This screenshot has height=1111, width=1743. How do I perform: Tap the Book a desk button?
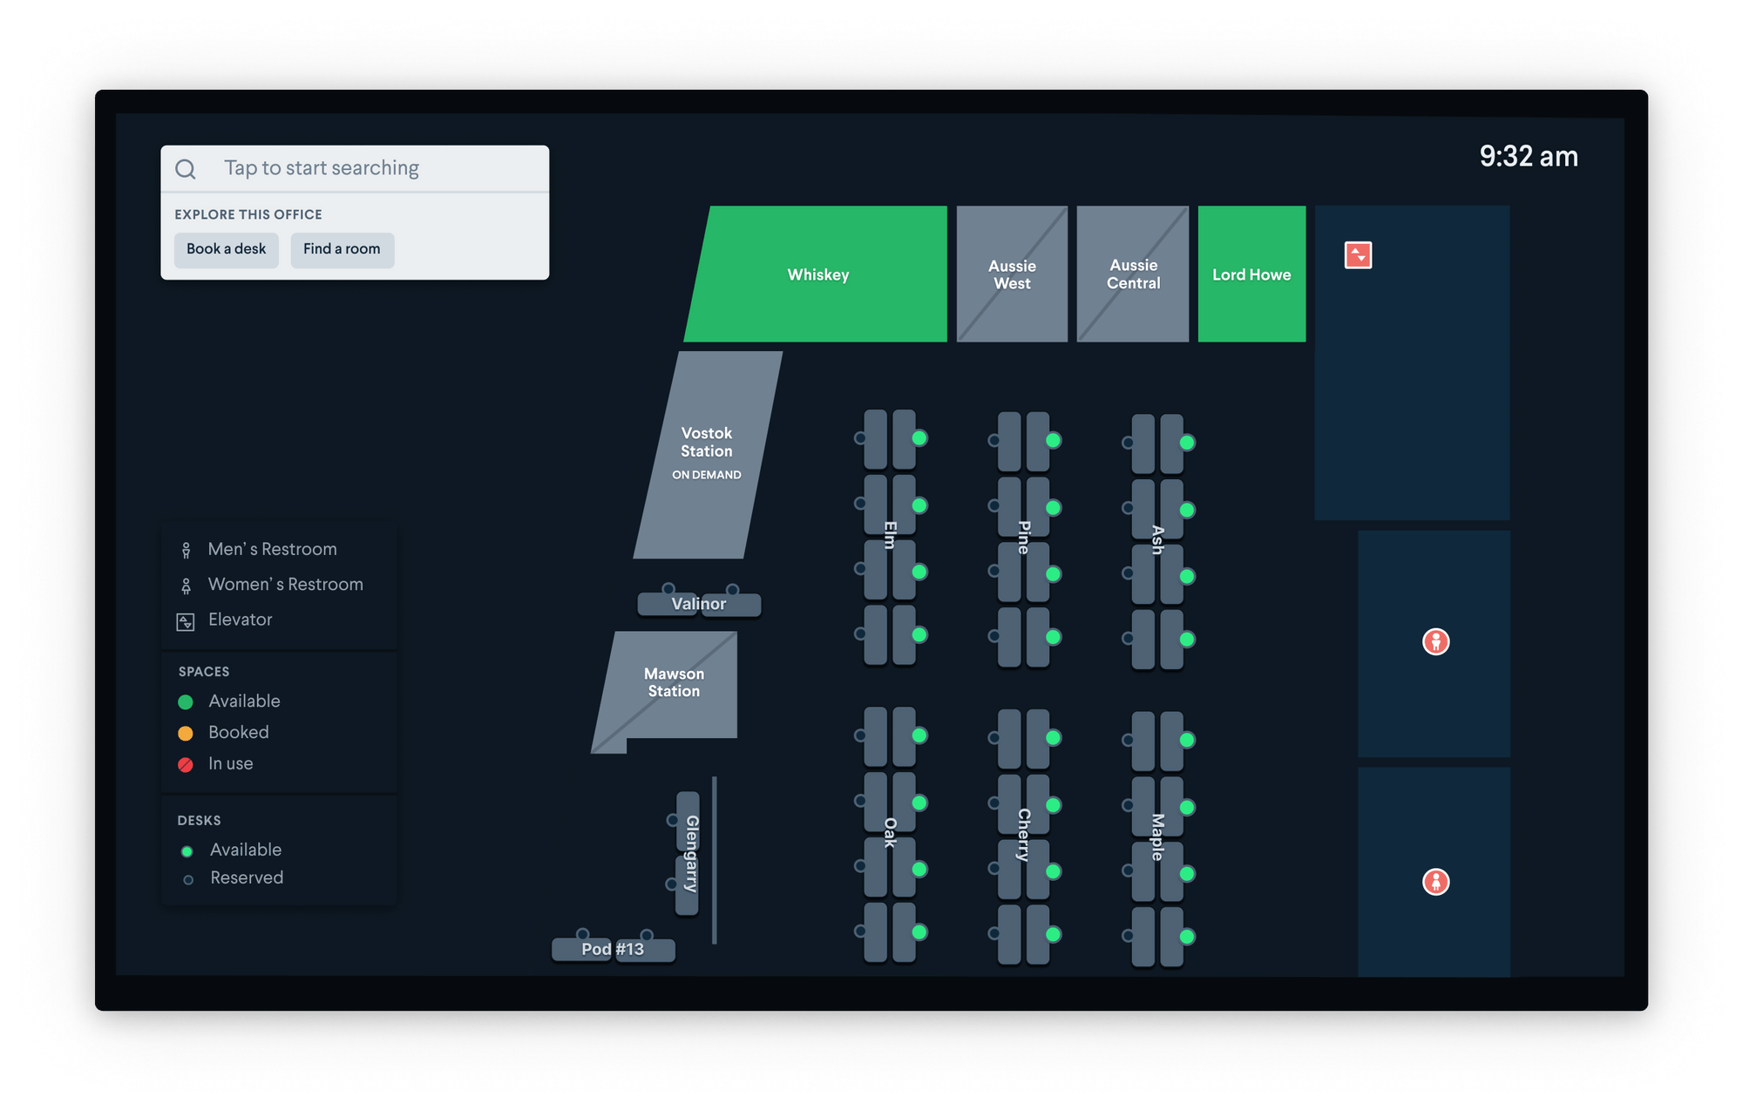[x=226, y=249]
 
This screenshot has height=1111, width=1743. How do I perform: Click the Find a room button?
[x=342, y=249]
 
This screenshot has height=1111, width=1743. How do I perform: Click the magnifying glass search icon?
[x=186, y=168]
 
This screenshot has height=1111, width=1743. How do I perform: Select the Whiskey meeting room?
[x=817, y=274]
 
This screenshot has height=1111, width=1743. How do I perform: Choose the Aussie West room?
[x=1012, y=274]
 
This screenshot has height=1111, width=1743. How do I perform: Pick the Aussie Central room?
[x=1133, y=274]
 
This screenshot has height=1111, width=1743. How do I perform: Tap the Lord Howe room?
[x=1251, y=274]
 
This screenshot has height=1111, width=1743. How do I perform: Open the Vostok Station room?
[x=707, y=451]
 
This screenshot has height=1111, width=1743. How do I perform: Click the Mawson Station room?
[x=674, y=682]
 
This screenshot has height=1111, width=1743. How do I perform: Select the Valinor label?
[x=699, y=604]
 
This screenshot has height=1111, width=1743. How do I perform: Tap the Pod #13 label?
[x=613, y=949]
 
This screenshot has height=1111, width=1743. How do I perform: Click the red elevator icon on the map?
[x=1358, y=255]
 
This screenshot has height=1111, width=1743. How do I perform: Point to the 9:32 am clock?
[x=1529, y=157]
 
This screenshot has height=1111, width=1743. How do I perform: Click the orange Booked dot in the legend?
[x=186, y=733]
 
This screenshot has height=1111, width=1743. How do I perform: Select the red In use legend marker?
[x=186, y=764]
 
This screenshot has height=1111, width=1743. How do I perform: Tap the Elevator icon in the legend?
[x=186, y=621]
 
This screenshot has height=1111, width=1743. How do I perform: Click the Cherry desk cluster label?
[x=1024, y=834]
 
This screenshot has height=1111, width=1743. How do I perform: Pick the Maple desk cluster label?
[x=1157, y=837]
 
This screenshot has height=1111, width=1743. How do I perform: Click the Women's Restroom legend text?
[x=285, y=584]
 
